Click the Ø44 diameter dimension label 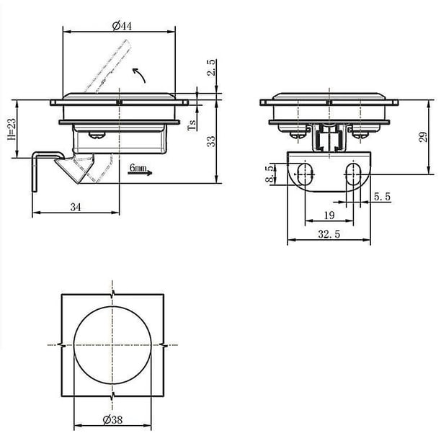pos(122,26)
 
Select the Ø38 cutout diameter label pos(112,419)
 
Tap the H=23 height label pos(12,129)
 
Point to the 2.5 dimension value pos(211,68)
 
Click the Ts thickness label pos(192,125)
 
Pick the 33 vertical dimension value pos(210,141)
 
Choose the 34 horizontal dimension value pos(76,208)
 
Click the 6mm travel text pos(138,168)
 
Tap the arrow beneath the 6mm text pos(140,173)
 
